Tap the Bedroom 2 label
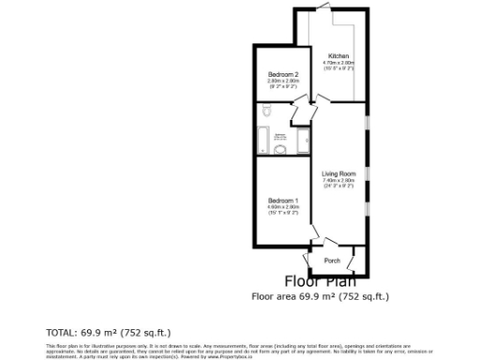point(282,75)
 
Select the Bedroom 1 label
point(282,201)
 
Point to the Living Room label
point(338,173)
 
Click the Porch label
point(331,260)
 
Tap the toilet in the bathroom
point(267,113)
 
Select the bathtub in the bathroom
point(303,142)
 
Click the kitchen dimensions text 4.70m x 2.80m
point(338,63)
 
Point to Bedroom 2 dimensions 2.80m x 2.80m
point(282,82)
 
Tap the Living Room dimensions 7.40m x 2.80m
point(338,179)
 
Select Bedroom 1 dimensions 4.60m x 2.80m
point(282,207)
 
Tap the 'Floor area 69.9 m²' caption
point(319,296)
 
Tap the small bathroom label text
point(280,137)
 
